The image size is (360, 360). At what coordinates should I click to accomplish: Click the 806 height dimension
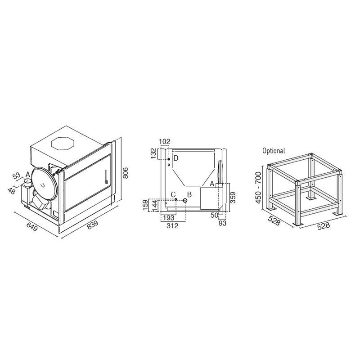[126, 173]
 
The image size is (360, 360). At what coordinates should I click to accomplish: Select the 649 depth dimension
[32, 227]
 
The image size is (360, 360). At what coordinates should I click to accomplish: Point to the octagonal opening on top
[63, 144]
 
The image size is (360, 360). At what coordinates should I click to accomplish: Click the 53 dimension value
[17, 176]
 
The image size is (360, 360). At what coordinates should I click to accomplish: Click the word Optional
[274, 151]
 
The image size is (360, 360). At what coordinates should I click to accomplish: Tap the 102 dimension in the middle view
[165, 141]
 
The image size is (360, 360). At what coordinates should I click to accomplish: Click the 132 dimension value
[153, 153]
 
